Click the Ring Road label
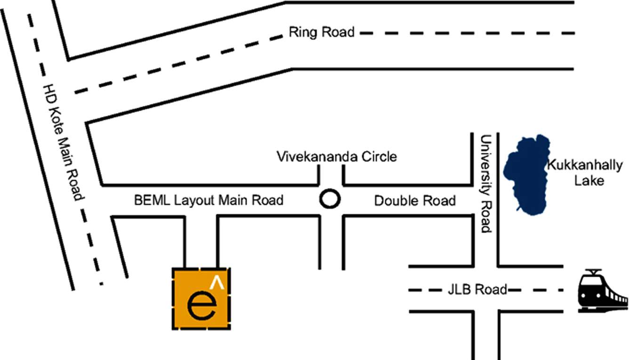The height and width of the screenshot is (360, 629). pos(322,32)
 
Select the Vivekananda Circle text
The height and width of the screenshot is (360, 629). pos(337,156)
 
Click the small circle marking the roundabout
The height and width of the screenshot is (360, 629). pos(330,199)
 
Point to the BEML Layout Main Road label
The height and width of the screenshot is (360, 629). pos(209,200)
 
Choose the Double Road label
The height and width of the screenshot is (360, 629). pos(415,201)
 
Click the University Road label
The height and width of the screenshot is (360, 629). pos(485,184)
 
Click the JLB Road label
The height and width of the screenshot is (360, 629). pos(477,289)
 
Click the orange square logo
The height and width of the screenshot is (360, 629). pos(201,298)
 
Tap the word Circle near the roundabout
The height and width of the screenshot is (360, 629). pos(379,156)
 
